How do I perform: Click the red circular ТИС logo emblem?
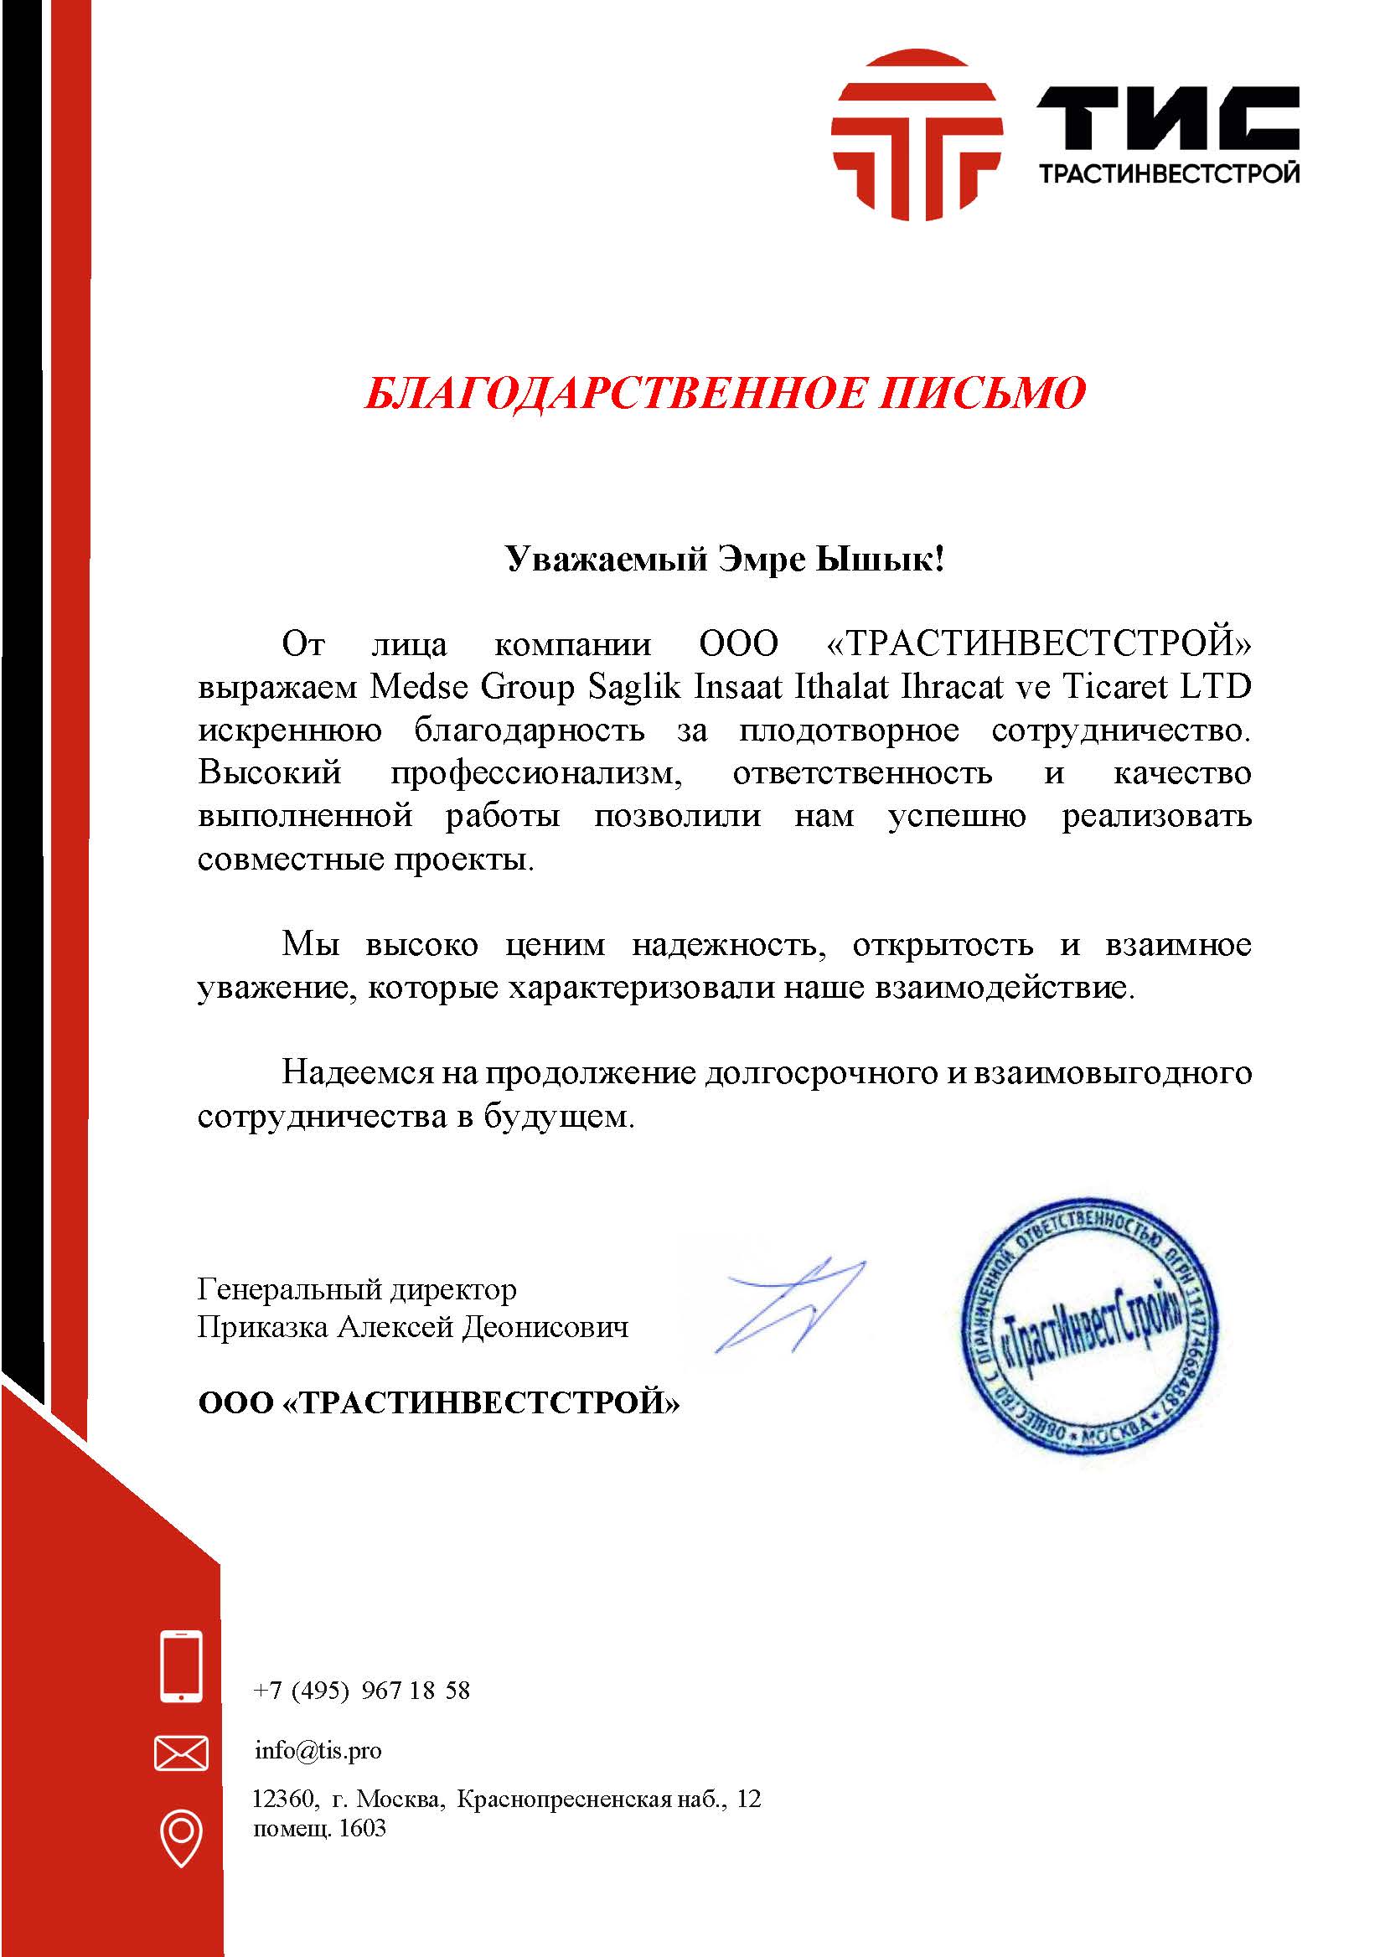[x=917, y=135]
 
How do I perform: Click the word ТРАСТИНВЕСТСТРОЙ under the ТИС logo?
[x=1168, y=174]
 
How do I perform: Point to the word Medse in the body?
[x=418, y=687]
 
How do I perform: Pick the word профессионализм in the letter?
[x=537, y=773]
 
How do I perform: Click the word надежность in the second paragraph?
[x=728, y=945]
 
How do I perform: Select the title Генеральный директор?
[x=356, y=1288]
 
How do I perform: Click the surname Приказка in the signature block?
[x=261, y=1328]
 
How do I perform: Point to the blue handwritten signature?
[x=789, y=1304]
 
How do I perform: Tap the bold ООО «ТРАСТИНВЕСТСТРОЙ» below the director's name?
[x=438, y=1402]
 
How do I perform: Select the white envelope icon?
[x=181, y=1753]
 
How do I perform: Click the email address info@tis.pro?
[x=318, y=1751]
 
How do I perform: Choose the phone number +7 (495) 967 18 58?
[x=362, y=1690]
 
